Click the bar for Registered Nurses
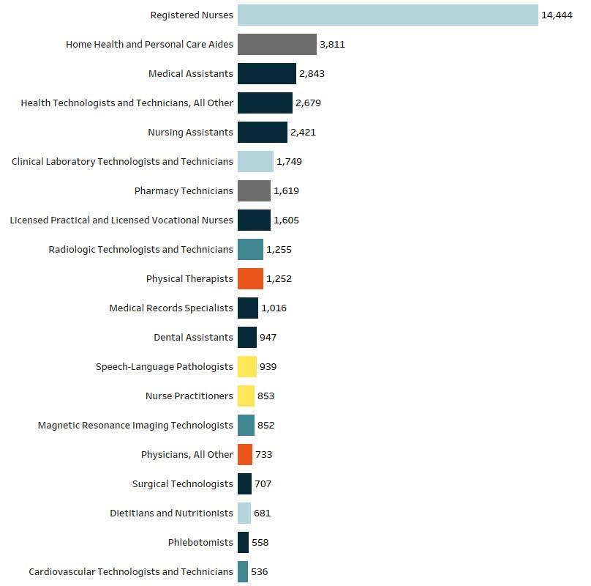click(388, 15)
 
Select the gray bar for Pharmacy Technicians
click(254, 190)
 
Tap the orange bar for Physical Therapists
click(250, 278)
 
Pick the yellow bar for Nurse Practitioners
click(246, 396)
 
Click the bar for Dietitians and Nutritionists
click(244, 513)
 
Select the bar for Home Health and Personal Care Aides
click(276, 44)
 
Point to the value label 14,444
click(557, 15)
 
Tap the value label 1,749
click(289, 161)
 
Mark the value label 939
click(268, 366)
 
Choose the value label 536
click(259, 571)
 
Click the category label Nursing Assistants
click(190, 132)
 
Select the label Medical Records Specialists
click(171, 308)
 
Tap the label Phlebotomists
click(200, 542)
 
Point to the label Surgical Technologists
click(183, 483)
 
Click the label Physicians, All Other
click(187, 454)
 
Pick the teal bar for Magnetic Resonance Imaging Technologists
click(246, 425)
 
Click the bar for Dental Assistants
click(246, 337)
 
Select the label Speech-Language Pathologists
click(165, 366)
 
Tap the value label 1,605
click(286, 220)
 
